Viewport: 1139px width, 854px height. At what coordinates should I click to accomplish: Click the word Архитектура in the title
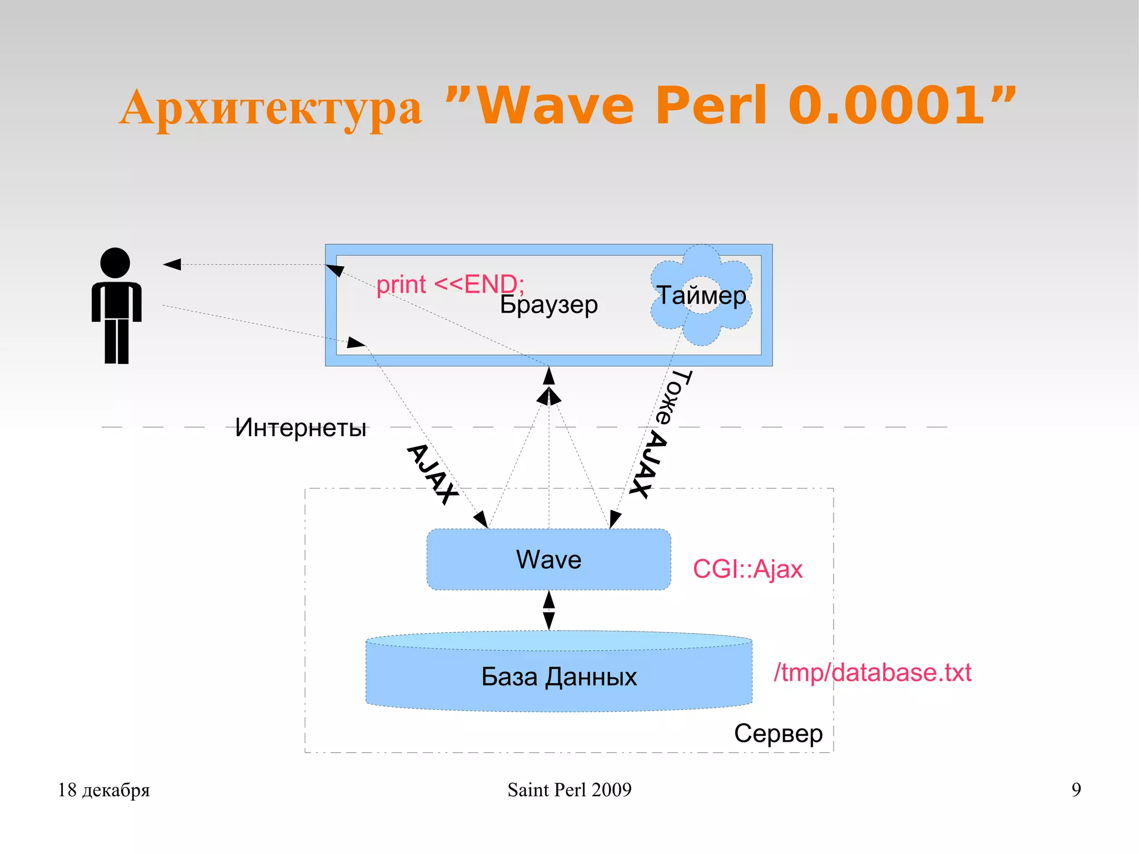(270, 107)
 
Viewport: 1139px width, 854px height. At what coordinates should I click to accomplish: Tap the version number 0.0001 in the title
(887, 105)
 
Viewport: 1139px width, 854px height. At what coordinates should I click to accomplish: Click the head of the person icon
(115, 263)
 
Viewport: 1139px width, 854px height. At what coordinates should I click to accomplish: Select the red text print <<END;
(450, 284)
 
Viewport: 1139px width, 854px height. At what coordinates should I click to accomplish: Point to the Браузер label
(548, 305)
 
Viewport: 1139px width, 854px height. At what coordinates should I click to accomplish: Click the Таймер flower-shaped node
(701, 295)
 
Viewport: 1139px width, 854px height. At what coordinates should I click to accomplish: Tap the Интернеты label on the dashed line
(300, 428)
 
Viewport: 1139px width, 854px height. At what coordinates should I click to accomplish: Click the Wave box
(548, 559)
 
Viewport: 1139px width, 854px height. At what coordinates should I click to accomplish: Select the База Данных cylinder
(558, 676)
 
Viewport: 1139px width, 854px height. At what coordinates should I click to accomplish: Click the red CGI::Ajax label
(747, 569)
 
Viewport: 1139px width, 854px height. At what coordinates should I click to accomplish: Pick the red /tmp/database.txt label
(872, 673)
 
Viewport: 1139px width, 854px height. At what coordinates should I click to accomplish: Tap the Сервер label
(778, 733)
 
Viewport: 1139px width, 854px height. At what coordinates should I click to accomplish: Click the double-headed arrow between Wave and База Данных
(549, 610)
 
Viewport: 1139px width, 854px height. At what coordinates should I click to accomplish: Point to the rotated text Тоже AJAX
(662, 434)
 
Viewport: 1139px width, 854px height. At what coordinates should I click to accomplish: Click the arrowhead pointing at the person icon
(172, 264)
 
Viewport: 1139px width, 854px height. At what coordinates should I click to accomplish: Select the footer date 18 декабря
(104, 789)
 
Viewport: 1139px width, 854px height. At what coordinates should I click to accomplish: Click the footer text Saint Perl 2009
(569, 789)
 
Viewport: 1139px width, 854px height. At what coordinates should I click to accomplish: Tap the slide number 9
(1076, 789)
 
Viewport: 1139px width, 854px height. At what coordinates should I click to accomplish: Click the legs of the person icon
(117, 341)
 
